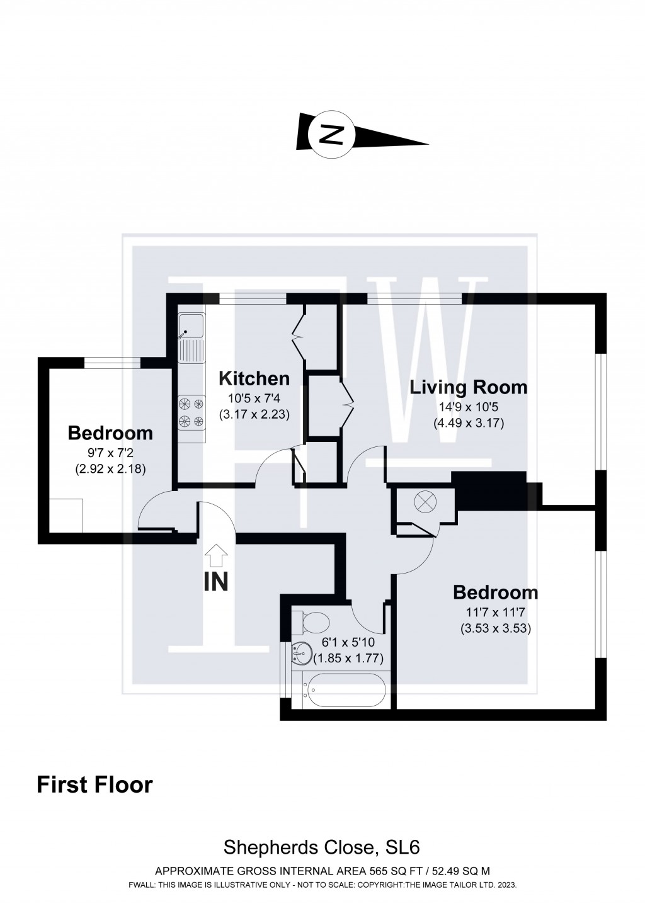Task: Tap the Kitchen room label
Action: point(254,378)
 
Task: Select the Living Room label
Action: point(468,387)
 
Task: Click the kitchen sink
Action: point(191,328)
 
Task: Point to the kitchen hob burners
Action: point(191,412)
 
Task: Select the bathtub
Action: point(343,691)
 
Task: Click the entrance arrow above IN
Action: point(216,555)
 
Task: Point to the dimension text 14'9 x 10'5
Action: point(468,407)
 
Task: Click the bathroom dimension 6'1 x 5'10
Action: point(348,643)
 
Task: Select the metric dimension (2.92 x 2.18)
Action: point(111,468)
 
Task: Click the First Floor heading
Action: point(95,785)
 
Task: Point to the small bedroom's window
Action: point(112,362)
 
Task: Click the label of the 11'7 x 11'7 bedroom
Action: point(496,592)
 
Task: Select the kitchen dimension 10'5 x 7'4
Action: point(254,399)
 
